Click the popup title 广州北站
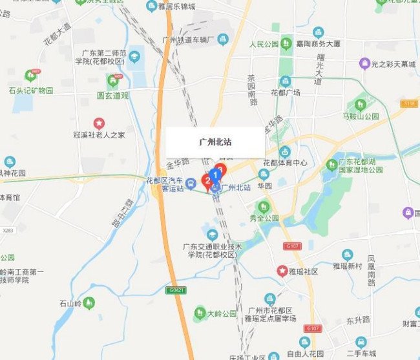[x=215, y=142]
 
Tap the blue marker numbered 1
[x=216, y=175]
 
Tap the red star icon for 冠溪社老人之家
[x=99, y=123]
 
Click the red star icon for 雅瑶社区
[x=282, y=271]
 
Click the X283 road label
[x=8, y=230]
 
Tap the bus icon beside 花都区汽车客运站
[x=191, y=184]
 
